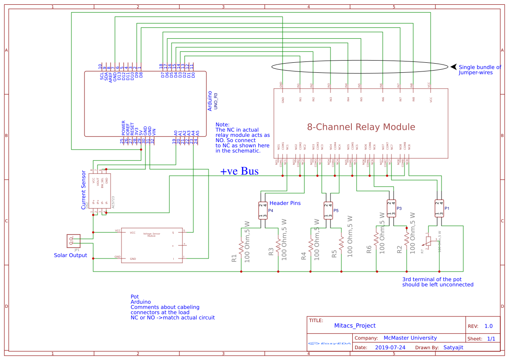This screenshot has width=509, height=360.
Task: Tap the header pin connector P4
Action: pyautogui.click(x=263, y=211)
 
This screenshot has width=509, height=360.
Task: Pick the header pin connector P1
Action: pyautogui.click(x=439, y=208)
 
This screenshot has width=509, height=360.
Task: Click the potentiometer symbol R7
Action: pyautogui.click(x=429, y=243)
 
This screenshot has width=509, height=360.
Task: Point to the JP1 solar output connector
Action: pyautogui.click(x=73, y=241)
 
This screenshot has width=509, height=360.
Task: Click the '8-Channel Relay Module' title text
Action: pyautogui.click(x=361, y=127)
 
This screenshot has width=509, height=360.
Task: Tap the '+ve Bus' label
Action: pyautogui.click(x=239, y=171)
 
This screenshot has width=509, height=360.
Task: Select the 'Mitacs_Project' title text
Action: pyautogui.click(x=354, y=326)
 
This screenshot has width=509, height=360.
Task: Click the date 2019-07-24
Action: pyautogui.click(x=390, y=348)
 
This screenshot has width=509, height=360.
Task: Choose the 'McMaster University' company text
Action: pyautogui.click(x=410, y=338)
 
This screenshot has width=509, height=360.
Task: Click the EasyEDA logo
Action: pyautogui.click(x=329, y=343)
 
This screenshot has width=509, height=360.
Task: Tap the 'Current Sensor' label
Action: pyautogui.click(x=84, y=190)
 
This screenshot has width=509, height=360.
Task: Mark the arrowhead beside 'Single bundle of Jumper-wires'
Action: pyautogui.click(x=453, y=67)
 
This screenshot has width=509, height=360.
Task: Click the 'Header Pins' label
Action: pyautogui.click(x=285, y=203)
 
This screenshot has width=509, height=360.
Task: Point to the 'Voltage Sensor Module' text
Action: pyautogui.click(x=151, y=234)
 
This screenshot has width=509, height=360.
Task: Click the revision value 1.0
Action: pyautogui.click(x=488, y=326)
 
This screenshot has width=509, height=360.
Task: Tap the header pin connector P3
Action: pyautogui.click(x=391, y=208)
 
